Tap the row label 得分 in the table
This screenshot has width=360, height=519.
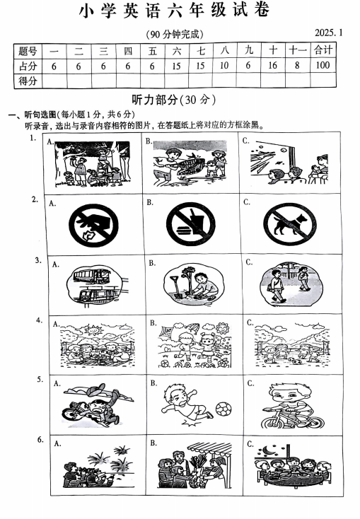pyautogui.click(x=28, y=81)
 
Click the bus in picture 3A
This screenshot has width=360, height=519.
pyautogui.click(x=88, y=276)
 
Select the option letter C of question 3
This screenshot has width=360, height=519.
pyautogui.click(x=249, y=262)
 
